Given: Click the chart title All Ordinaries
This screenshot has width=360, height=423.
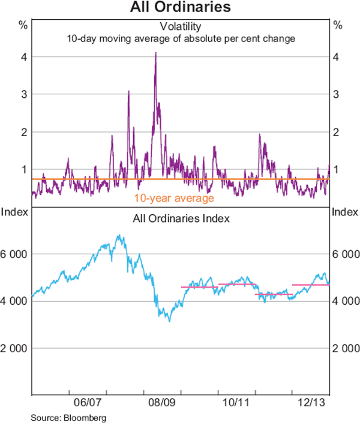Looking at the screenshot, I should (x=180, y=8).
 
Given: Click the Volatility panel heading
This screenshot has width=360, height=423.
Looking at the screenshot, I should (x=180, y=26).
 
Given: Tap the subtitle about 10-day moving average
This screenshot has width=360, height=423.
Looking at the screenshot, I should (x=180, y=38).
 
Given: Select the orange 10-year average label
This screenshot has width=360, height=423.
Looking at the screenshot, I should (x=174, y=198).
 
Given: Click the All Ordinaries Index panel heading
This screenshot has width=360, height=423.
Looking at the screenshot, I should (x=180, y=219).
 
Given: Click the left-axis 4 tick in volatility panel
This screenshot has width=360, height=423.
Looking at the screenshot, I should (x=23, y=57).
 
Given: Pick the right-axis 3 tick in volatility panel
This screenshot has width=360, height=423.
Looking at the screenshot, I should (x=337, y=94).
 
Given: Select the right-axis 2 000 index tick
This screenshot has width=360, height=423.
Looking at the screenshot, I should (x=345, y=348).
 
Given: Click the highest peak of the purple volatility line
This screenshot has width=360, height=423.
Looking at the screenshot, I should (x=156, y=53).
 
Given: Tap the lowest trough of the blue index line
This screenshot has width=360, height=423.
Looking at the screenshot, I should (x=170, y=322).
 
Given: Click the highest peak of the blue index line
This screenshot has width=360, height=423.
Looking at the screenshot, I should (x=120, y=235).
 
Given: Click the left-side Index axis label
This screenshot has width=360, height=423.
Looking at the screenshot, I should (x=13, y=212).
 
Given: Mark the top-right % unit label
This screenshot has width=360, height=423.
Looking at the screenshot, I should (x=337, y=25).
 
